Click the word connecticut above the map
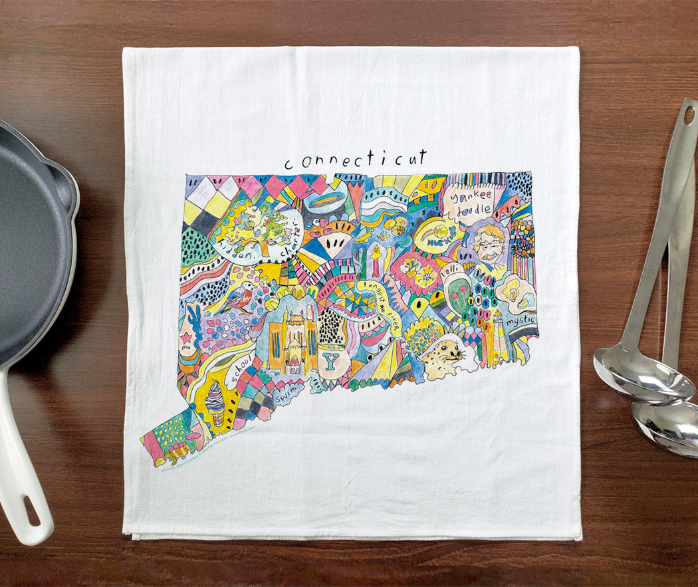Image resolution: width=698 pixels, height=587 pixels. click(356, 160)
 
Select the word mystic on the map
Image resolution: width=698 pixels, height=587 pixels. click(519, 321)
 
